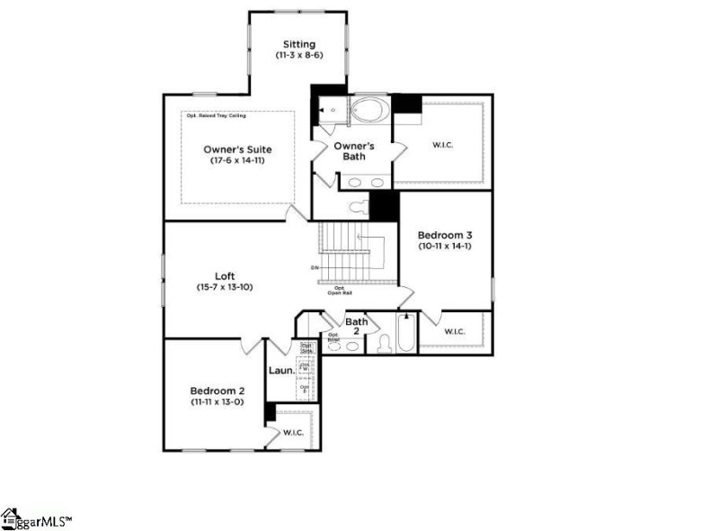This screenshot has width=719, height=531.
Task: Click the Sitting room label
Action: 298,43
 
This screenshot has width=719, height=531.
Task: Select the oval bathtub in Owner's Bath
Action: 368,111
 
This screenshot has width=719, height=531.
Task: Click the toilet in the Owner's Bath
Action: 358,208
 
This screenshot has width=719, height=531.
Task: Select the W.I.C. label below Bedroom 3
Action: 454,332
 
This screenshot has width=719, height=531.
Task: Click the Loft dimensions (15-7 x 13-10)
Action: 225,287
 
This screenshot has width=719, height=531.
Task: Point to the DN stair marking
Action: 315,267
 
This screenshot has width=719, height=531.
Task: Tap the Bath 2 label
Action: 357,326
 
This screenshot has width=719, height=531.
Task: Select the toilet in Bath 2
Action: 383,343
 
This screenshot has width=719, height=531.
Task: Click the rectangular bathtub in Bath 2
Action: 406,334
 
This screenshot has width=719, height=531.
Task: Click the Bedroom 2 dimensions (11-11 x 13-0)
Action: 217,402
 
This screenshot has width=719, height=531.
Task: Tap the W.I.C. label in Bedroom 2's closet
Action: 294,433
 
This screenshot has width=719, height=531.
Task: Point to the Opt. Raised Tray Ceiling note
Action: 216,115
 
